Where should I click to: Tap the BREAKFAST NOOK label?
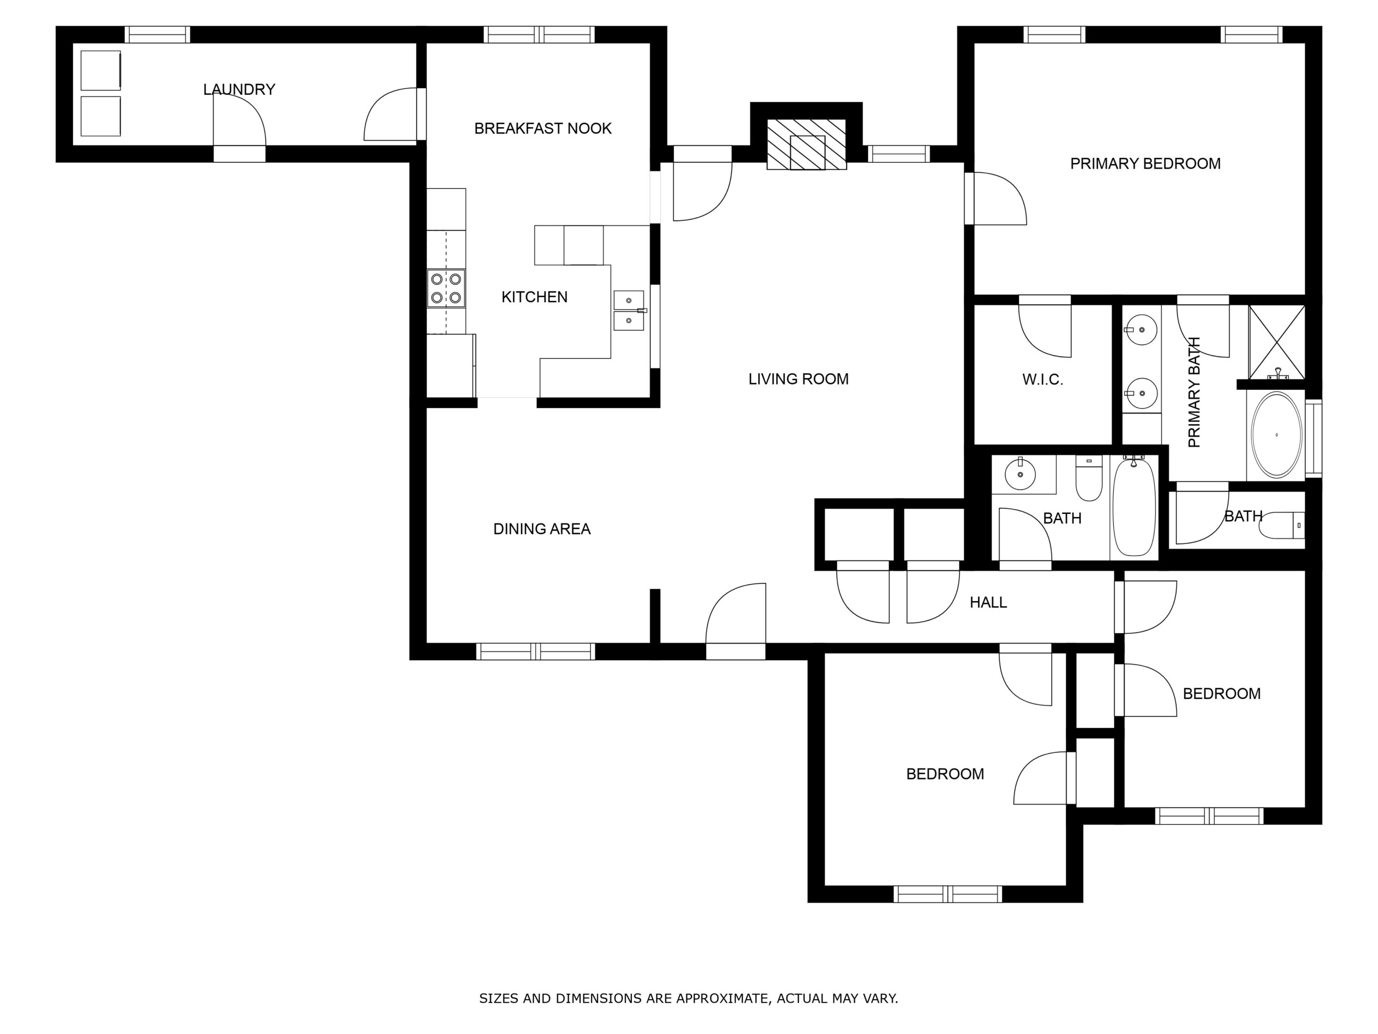click(x=543, y=128)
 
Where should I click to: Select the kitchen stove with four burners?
click(x=446, y=288)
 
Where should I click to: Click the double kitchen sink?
click(x=629, y=310)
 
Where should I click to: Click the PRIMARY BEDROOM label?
click(x=1145, y=164)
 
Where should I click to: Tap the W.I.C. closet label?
click(x=1042, y=380)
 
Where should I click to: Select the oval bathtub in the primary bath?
click(x=1276, y=435)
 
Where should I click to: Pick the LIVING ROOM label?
click(x=799, y=379)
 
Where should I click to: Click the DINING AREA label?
click(x=542, y=529)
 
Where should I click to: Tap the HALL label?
click(x=988, y=603)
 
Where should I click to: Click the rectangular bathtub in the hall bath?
click(x=1134, y=506)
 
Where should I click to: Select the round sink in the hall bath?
click(x=1021, y=476)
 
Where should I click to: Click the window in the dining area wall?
click(x=536, y=651)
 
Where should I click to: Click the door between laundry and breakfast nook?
click(x=391, y=114)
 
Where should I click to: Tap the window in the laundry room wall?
click(x=157, y=34)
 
